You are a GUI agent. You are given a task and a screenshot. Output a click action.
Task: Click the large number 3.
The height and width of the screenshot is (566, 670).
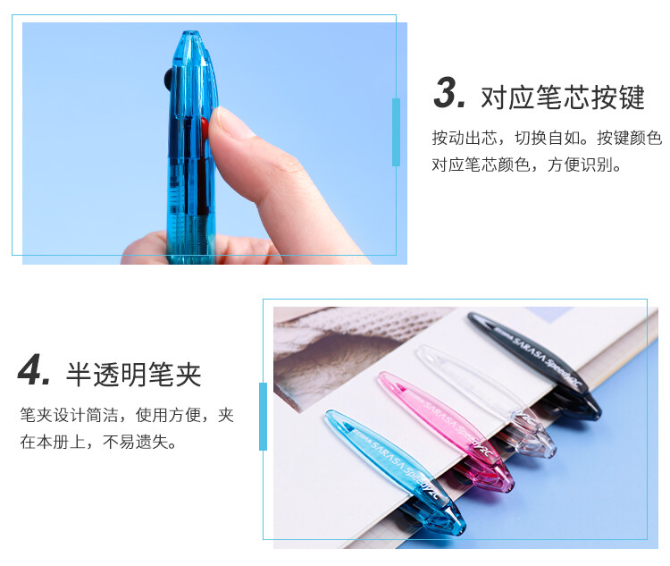point(450,94)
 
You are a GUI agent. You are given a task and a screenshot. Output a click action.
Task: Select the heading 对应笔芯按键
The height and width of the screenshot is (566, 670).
point(562,97)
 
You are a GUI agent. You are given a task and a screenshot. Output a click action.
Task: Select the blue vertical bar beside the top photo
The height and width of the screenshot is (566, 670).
point(396,132)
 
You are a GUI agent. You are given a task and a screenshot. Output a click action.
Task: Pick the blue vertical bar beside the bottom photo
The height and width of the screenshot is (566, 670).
point(263,416)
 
